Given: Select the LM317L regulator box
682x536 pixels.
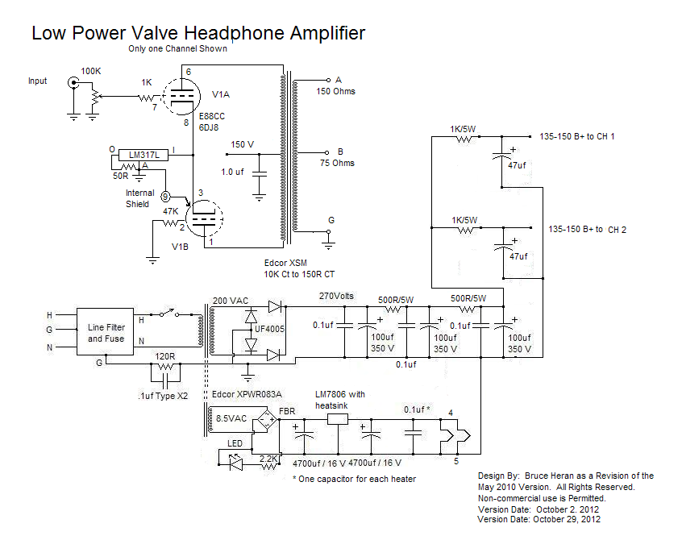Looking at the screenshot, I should [142, 154].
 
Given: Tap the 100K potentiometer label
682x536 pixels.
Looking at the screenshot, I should [92, 72].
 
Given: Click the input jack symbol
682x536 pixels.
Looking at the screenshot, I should [73, 82].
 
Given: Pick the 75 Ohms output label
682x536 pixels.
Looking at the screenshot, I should [336, 163].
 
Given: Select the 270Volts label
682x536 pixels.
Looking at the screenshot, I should [337, 296].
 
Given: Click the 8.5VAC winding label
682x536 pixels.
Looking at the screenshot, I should [232, 418].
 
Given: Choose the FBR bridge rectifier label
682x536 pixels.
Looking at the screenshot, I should [286, 411].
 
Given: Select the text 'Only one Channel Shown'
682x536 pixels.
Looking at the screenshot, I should [177, 48].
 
